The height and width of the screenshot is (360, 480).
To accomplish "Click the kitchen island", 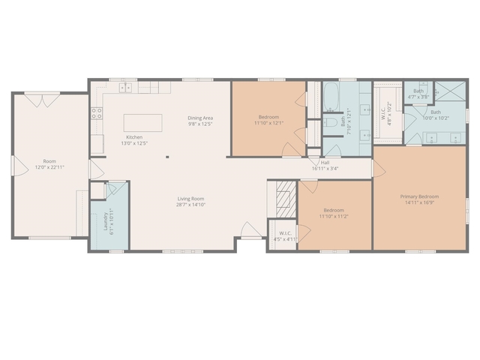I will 142,122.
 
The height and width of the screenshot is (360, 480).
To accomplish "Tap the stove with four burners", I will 97,114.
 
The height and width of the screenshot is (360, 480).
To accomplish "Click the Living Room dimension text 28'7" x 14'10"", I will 190,204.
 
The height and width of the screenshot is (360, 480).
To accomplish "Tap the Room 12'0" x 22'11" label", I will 49,164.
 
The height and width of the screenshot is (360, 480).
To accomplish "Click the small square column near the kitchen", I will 168,157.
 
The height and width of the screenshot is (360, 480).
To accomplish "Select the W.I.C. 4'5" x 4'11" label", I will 285,235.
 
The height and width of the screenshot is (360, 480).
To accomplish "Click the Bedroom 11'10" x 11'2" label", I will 334,214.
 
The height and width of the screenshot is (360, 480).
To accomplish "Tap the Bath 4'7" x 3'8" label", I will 418,94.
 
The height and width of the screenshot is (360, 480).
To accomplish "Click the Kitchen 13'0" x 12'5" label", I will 134,140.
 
